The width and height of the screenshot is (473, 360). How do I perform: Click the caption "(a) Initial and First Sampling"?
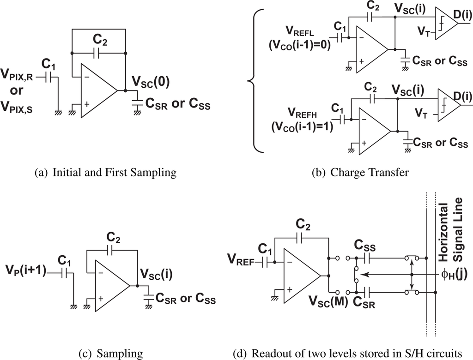(x=105, y=174)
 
